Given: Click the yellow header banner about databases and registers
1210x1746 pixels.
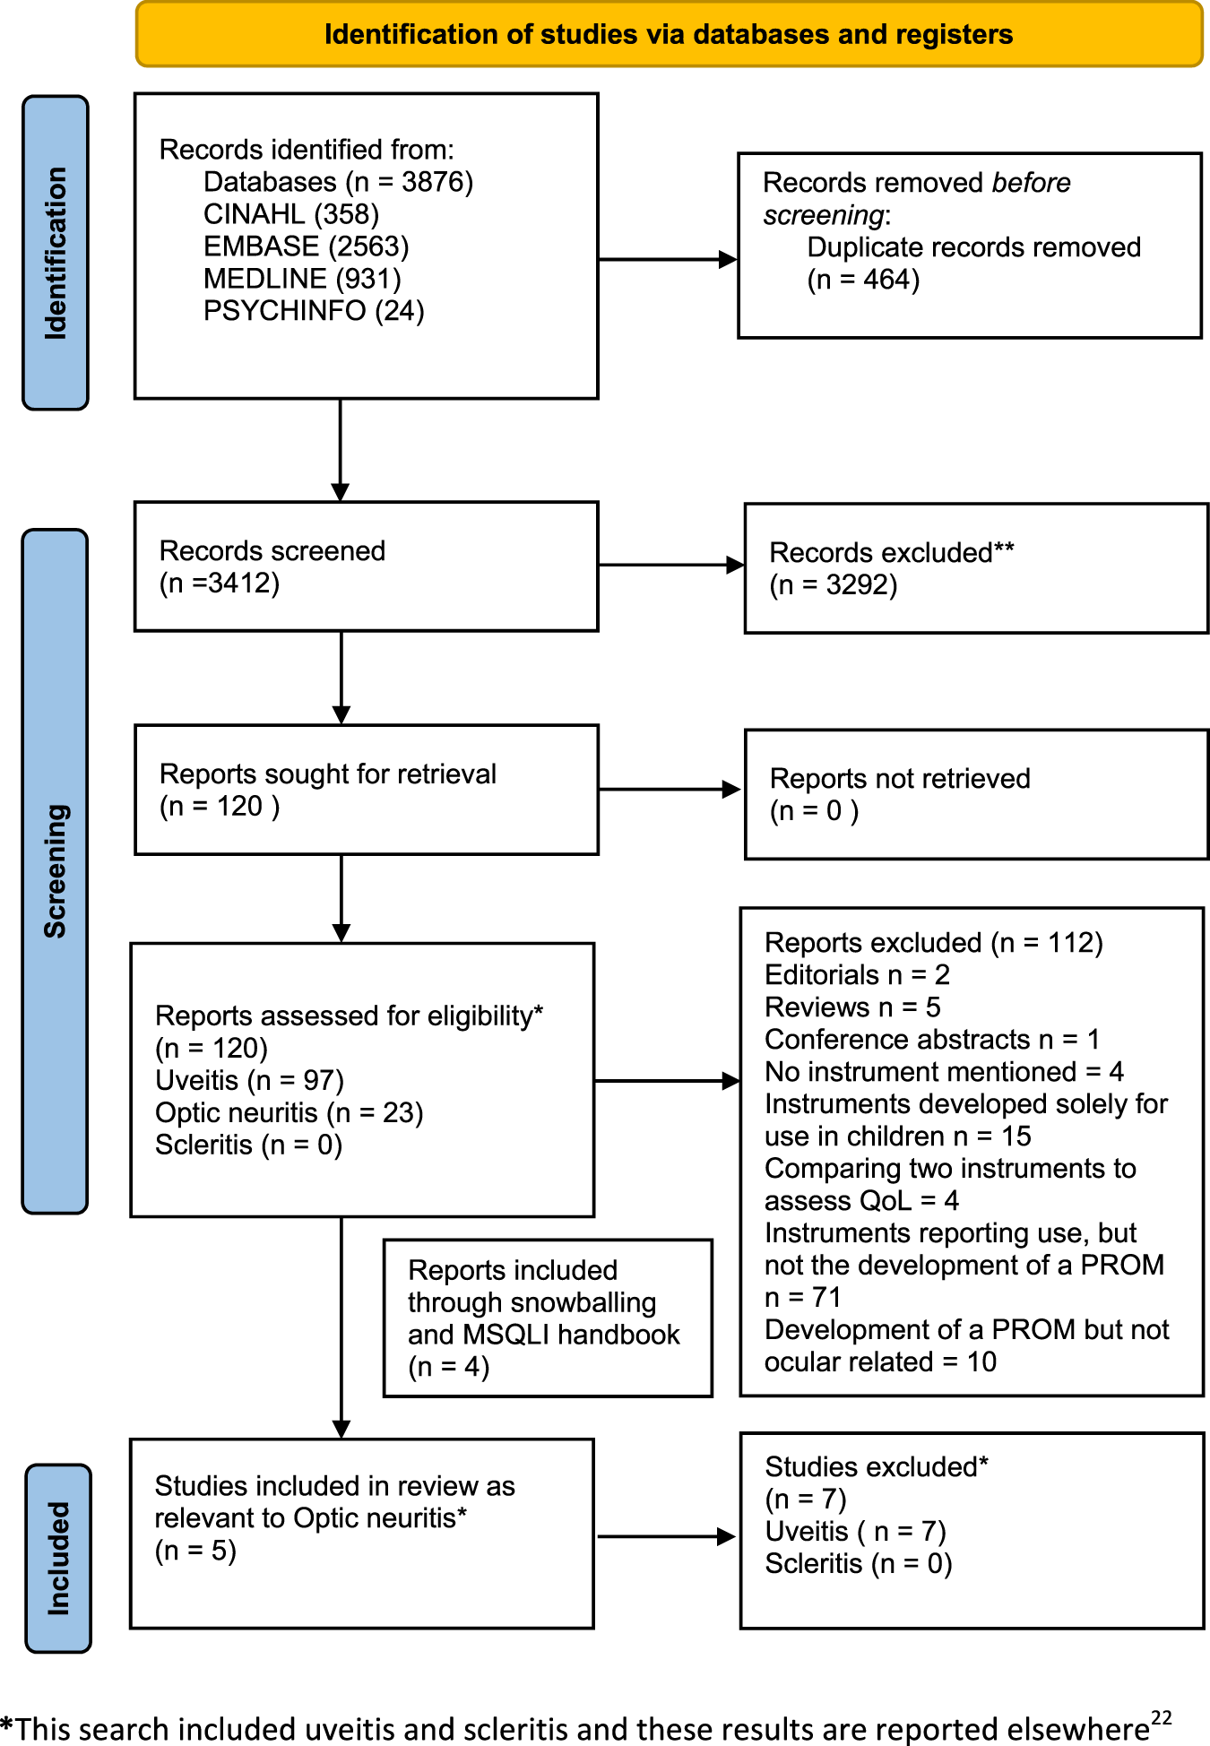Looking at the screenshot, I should coord(669,35).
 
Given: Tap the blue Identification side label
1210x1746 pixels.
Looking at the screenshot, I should coord(56,253).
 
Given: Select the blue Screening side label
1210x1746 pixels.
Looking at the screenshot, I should coord(56,871).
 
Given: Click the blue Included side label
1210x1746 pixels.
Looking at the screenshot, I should coord(58,1558).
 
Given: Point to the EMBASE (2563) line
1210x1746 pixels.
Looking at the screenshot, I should coord(306,246).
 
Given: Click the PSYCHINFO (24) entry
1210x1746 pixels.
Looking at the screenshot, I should coord(314,311).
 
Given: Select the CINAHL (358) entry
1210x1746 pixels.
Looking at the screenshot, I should coord(291,214).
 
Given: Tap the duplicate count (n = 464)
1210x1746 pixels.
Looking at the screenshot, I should coord(863,280).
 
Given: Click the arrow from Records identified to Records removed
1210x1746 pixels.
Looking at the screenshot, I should coord(667,260).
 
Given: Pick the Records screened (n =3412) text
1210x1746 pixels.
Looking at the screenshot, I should coord(272,566).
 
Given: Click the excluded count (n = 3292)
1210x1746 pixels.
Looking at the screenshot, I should coord(834,585).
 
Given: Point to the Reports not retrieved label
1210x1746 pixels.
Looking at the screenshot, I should coord(899,778).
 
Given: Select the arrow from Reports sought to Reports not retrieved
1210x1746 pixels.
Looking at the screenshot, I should coord(669,790).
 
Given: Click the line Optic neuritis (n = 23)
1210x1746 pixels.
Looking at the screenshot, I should coord(289,1112).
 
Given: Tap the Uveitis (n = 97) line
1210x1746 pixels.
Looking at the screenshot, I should coord(249,1080).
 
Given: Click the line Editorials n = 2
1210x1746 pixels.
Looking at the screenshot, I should coord(856,974).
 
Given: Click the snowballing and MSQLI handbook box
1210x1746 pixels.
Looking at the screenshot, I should coord(547,1318).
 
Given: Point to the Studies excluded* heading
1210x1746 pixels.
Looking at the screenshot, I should coord(876,1466).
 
